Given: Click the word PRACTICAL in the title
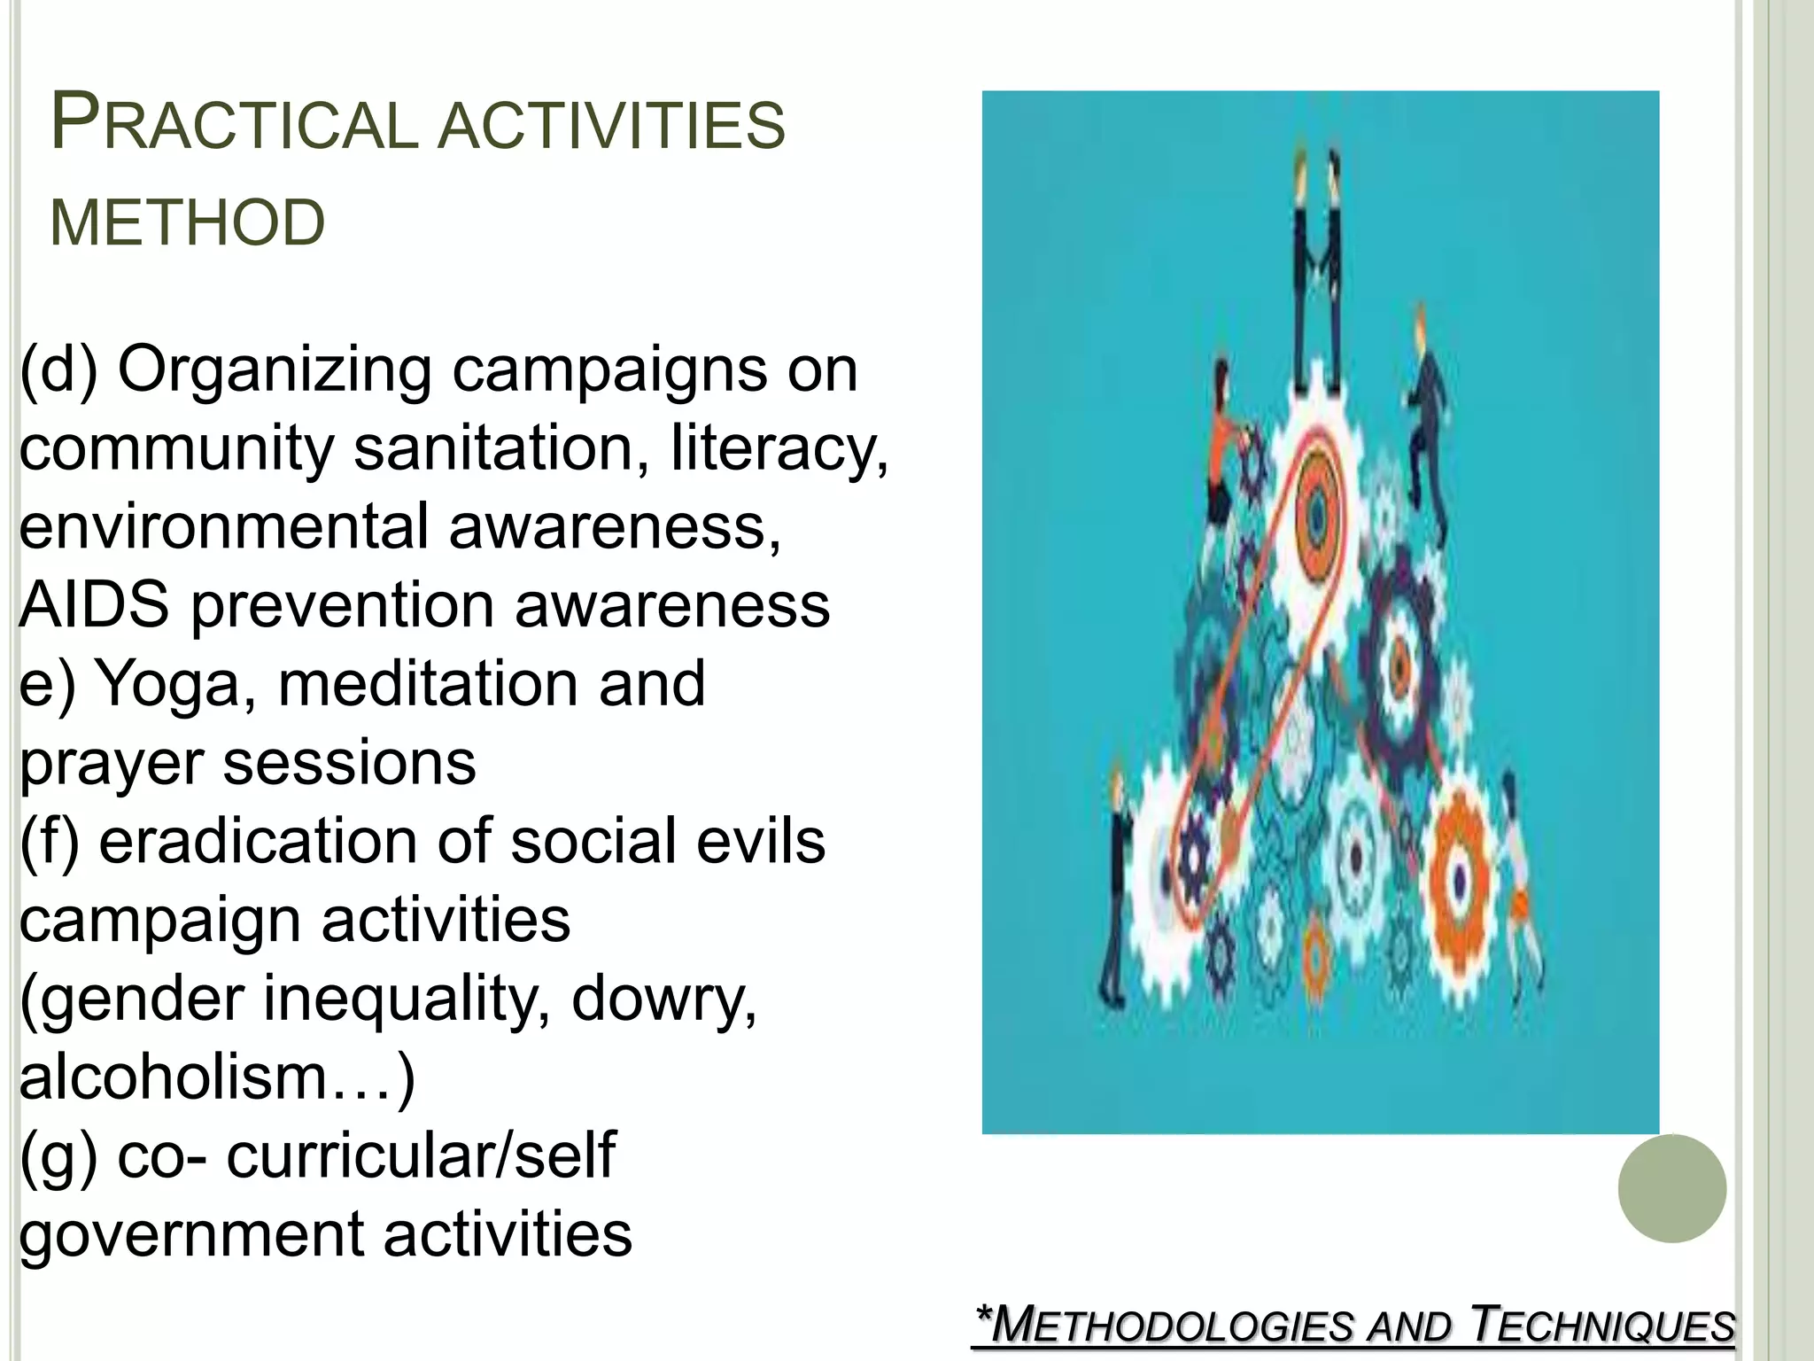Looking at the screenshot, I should point(235,124).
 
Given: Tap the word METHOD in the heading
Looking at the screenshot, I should point(188,222).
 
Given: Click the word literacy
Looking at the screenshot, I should point(779,447).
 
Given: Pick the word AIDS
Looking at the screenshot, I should point(94,605).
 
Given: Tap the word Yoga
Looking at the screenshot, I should point(167,685).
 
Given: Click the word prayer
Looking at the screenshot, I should point(112,764).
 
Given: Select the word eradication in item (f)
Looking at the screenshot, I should point(258,842).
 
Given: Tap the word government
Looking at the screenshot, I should point(191,1235).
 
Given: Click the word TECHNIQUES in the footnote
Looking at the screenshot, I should point(1602,1326).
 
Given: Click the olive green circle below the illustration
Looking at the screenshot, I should point(1671,1188).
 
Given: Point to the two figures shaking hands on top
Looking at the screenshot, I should point(1316,266).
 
